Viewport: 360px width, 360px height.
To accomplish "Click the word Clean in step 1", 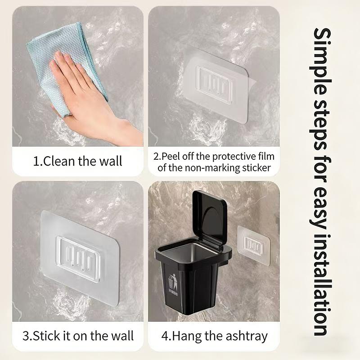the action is point(59,161).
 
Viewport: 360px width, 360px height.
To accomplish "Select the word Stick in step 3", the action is point(47,336).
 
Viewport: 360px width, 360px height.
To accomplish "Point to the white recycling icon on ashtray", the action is point(173,283).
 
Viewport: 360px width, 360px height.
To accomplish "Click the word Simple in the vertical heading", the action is point(323,62).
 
